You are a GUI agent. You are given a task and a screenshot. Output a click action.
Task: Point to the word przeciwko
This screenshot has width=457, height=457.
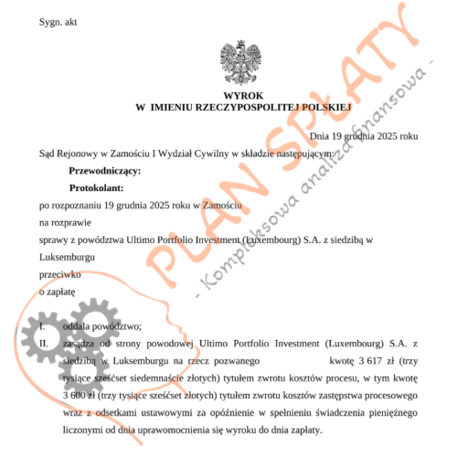(x=59, y=272)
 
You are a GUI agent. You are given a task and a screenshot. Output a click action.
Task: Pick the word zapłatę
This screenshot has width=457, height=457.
(x=58, y=290)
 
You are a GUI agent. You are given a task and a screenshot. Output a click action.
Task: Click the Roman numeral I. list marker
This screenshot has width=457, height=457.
(x=42, y=324)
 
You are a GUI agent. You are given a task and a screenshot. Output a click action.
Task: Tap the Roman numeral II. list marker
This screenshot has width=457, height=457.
(x=44, y=343)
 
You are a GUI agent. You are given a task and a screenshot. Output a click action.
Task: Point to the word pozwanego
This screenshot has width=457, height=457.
(x=237, y=360)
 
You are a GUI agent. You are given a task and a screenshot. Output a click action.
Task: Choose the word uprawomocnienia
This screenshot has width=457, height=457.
(x=203, y=429)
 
